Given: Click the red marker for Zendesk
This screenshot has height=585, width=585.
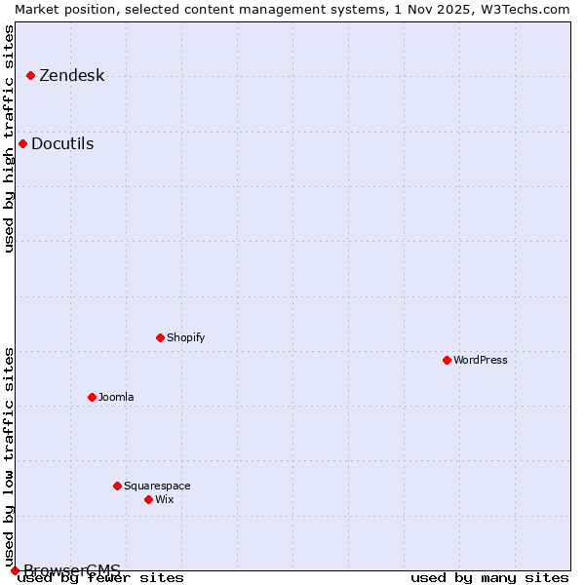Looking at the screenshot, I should [30, 75].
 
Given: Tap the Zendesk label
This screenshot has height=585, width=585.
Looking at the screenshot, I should [71, 76].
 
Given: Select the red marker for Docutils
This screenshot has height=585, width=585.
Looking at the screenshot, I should [22, 144].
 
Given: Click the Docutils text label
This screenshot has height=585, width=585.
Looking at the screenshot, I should [62, 144].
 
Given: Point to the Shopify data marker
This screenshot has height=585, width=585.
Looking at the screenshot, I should [160, 337].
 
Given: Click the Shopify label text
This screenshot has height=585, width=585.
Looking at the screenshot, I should [185, 338].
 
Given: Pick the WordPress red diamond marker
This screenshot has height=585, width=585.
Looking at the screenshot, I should [447, 360].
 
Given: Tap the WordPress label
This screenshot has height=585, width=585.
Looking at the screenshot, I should [480, 361].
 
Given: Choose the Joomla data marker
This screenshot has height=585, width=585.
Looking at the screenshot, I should [92, 397].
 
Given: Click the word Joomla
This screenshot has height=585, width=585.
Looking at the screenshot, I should [116, 398].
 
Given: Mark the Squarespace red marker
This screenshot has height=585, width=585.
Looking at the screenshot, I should [117, 486].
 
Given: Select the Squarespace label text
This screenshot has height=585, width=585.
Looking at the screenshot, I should [157, 487].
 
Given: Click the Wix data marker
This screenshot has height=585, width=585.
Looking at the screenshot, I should [148, 499].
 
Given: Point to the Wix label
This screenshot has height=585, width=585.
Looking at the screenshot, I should [164, 500].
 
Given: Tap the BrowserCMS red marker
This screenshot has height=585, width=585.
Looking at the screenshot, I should [15, 570].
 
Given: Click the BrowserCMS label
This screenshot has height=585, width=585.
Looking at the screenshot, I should [72, 570].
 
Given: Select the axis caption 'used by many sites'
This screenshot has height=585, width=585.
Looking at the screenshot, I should [489, 578].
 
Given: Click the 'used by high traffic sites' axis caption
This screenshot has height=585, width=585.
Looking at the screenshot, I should [10, 138].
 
